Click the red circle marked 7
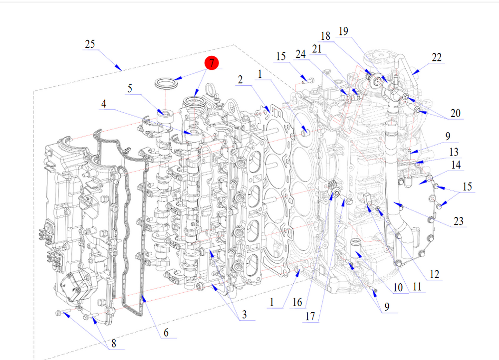(x=212, y=63)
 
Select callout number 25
(x=90, y=44)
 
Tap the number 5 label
(x=130, y=88)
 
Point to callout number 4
(x=104, y=104)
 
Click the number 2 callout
(x=241, y=79)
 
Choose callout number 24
(x=300, y=54)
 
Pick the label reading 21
(x=317, y=49)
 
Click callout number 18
(x=325, y=36)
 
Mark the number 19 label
(x=343, y=31)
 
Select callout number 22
(x=437, y=57)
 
